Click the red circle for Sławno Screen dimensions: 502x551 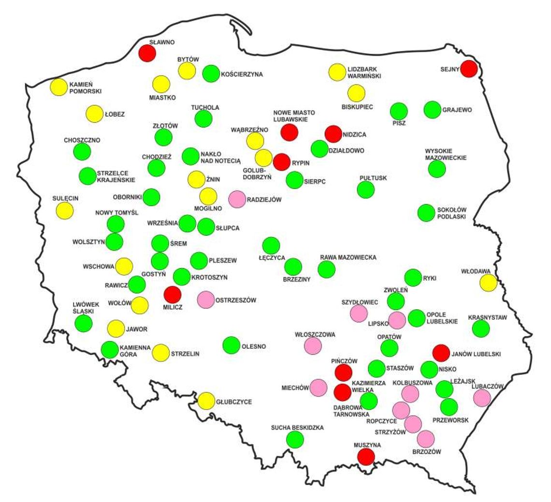pos(147,53)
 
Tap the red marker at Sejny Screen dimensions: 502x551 pos(469,69)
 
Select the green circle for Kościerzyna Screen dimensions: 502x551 pos(211,73)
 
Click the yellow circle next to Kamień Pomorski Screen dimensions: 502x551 pos(59,87)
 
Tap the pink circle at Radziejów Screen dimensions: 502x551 pos(237,199)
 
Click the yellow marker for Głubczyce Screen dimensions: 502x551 pos(206,401)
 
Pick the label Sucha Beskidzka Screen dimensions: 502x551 pos(297,428)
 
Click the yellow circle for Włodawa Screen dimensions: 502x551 pos(488,283)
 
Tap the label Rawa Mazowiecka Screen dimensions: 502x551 pos(348,258)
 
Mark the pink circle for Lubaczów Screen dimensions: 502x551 pos(482,398)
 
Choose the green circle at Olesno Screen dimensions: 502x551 pos(232,345)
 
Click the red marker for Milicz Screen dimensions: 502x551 pos(172,294)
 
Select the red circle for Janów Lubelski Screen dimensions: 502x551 pos(441,353)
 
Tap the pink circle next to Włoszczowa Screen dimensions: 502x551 pos(313,345)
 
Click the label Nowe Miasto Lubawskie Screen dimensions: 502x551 pos(294,115)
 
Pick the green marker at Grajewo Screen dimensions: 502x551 pos(432,110)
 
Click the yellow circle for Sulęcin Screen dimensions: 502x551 pos(64,210)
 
